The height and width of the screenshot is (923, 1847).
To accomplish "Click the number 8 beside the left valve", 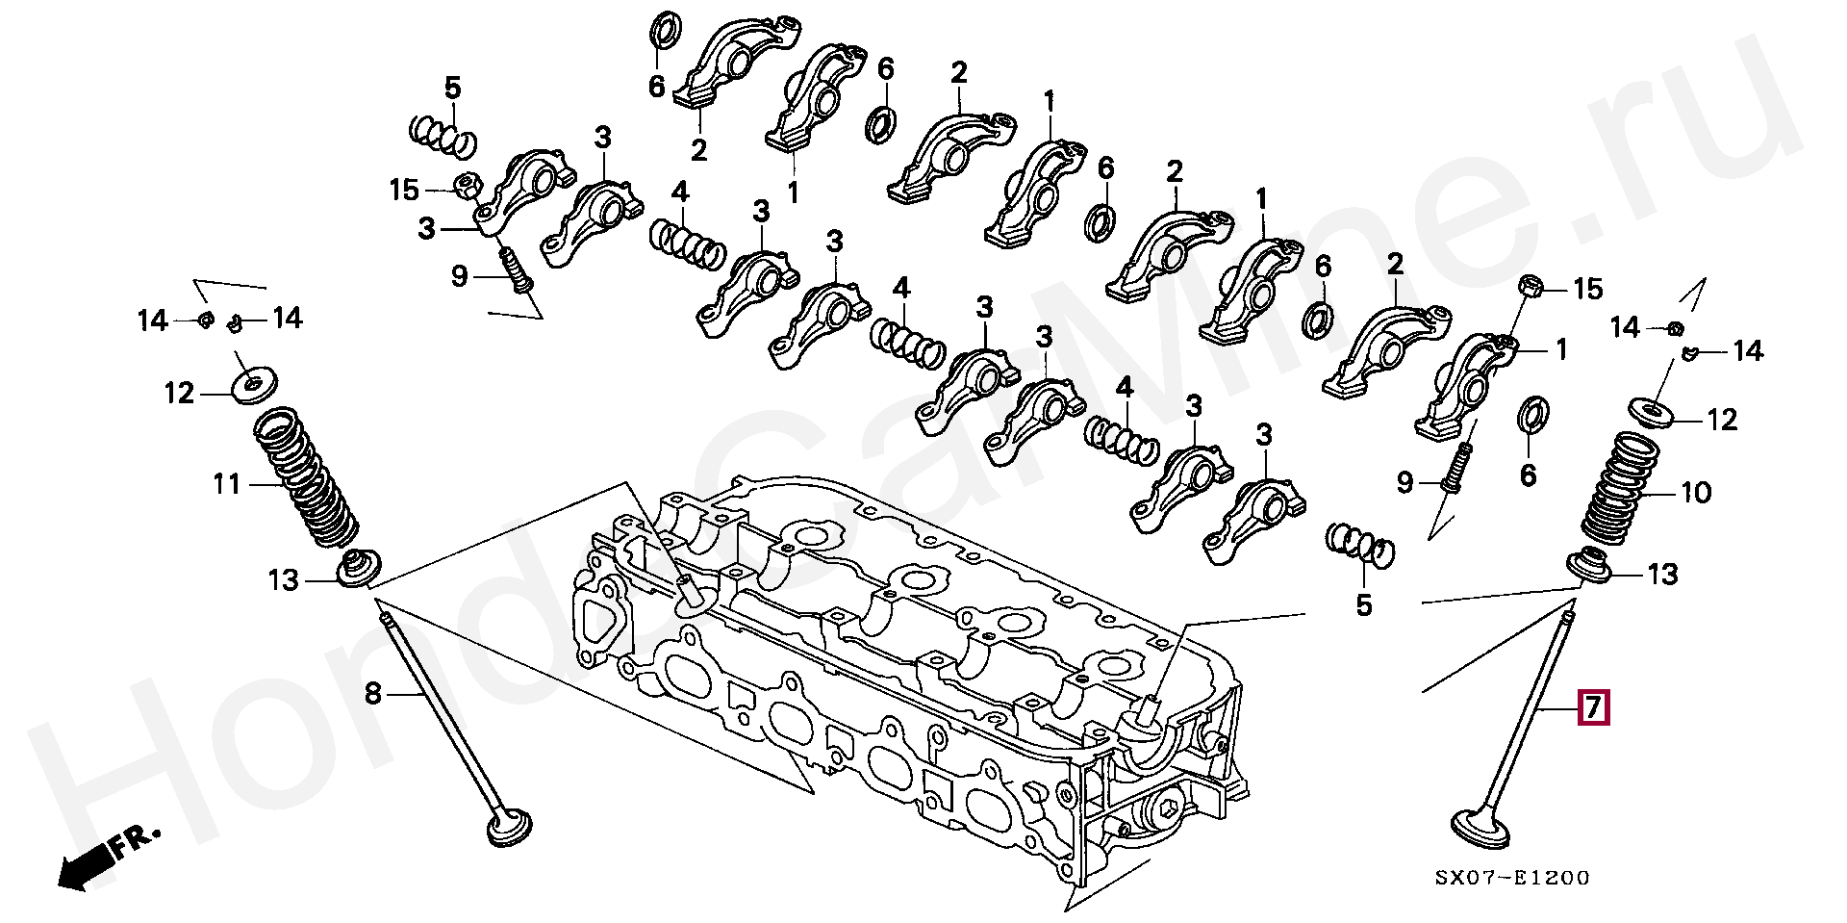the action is click(373, 692).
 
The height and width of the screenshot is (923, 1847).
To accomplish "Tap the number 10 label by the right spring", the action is click(1696, 494).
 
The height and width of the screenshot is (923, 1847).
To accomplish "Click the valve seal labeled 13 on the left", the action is click(357, 569).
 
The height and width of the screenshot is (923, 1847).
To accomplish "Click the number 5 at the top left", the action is click(452, 89).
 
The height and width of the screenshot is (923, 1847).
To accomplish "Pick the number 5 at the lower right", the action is click(1363, 606).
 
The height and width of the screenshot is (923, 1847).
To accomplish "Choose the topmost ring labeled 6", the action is click(663, 31).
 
